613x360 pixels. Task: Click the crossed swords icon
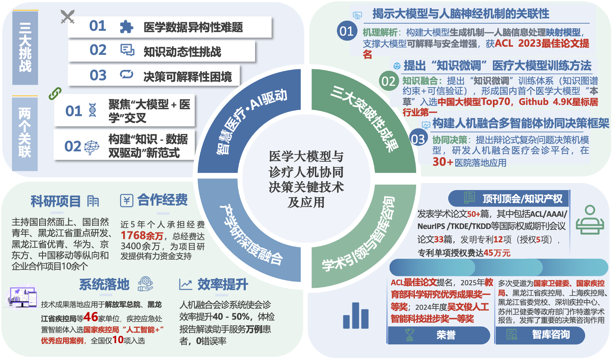point(67,17)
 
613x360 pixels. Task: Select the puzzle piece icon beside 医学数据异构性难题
point(126,27)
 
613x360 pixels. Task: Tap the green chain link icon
point(55,93)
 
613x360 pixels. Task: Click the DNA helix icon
point(93,110)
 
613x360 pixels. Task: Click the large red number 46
point(91,317)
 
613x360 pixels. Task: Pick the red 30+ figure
point(443,162)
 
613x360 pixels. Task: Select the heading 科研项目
point(56,201)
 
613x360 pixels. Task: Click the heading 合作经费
point(162,200)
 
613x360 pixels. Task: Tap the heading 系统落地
point(104,285)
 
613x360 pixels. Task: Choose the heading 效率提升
point(223,285)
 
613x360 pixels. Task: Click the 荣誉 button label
point(446,335)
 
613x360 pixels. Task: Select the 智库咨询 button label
point(551,335)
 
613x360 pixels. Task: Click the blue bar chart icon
point(356,316)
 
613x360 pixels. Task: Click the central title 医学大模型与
point(306,157)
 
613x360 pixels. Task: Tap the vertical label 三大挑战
point(25,48)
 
